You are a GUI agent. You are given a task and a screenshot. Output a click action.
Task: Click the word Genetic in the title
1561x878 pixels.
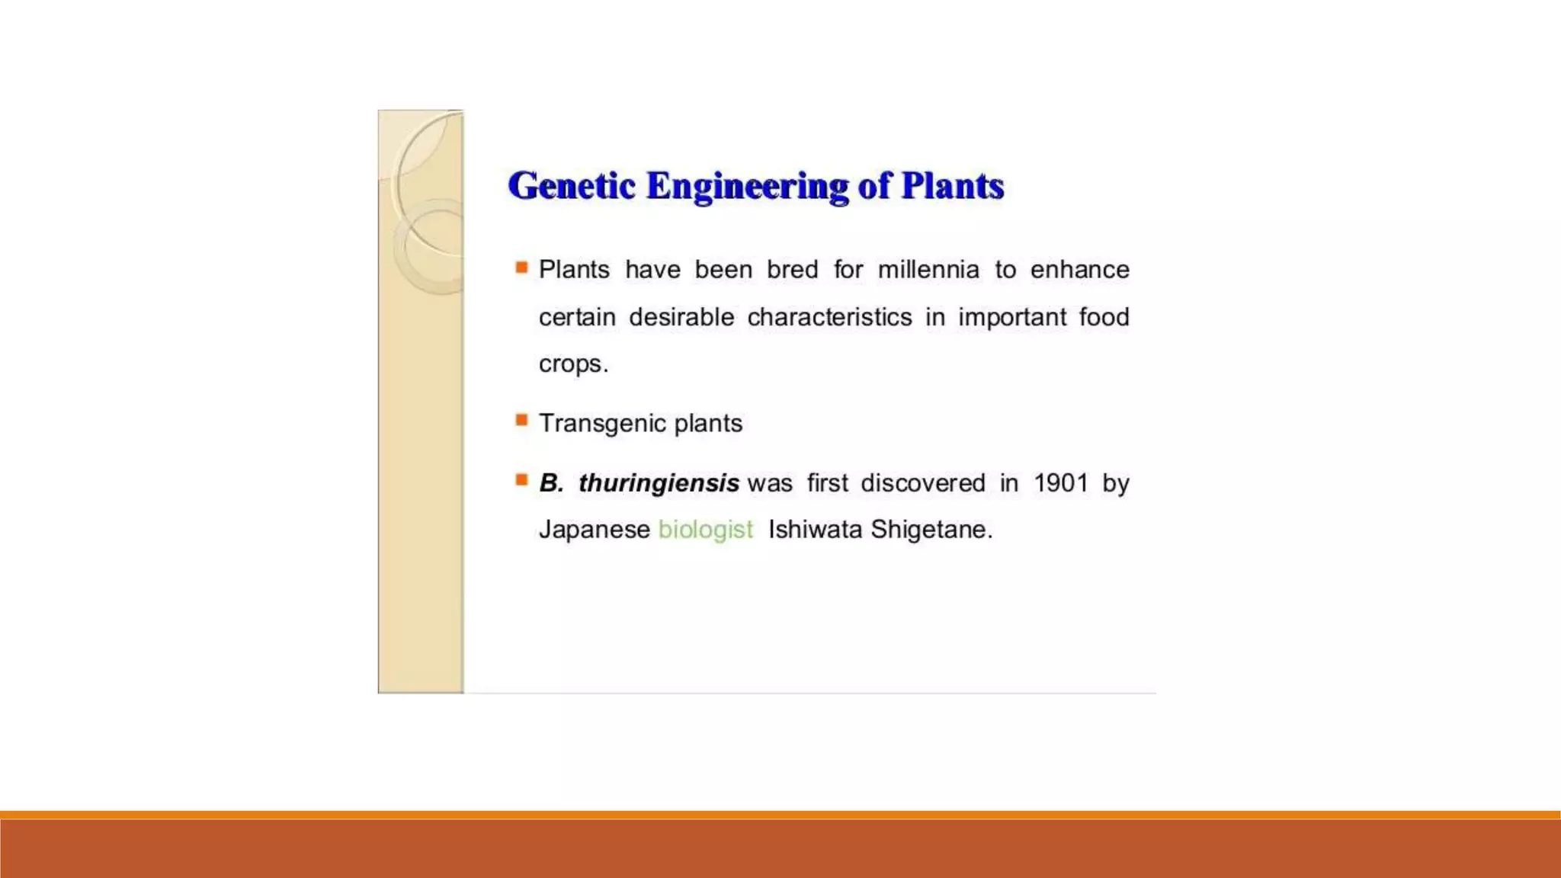coord(572,186)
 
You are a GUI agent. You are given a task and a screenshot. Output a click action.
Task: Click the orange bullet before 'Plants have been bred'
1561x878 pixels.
coord(521,268)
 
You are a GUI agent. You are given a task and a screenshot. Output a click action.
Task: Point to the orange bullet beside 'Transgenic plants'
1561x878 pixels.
coord(521,420)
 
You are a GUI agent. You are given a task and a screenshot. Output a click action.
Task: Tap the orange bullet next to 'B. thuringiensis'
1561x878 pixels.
coord(521,480)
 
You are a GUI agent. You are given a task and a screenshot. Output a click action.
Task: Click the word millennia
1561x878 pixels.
coord(928,270)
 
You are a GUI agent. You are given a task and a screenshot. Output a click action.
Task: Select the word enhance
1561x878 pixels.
coord(1079,270)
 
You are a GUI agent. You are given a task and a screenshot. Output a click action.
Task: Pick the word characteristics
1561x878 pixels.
coord(829,317)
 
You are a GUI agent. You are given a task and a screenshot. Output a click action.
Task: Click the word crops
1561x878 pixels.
coord(573,364)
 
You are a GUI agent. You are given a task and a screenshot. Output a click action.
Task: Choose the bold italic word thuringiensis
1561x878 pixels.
coord(659,483)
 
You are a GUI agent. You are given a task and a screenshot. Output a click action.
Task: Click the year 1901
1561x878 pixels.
coord(1060,483)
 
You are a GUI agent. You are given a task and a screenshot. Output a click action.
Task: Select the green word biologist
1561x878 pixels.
coord(706,529)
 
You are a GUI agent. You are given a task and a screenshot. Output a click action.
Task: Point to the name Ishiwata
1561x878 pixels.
coord(816,529)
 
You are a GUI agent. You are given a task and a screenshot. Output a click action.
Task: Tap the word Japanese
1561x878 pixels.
coord(595,529)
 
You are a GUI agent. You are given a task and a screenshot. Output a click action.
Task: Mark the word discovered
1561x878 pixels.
coord(923,483)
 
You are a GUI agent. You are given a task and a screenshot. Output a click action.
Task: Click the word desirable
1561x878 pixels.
coord(681,317)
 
